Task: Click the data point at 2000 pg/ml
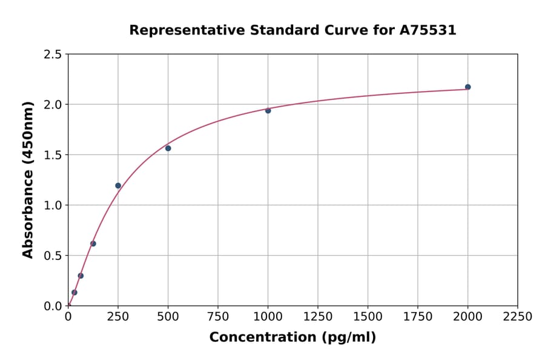click(467, 87)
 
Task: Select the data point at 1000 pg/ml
click(268, 110)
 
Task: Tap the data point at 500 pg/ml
click(168, 148)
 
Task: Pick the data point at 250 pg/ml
click(118, 185)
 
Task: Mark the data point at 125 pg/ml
click(93, 244)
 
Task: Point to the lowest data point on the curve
click(74, 292)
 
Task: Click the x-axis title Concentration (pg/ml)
click(292, 338)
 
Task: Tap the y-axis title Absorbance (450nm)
click(28, 179)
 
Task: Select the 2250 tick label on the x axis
click(518, 317)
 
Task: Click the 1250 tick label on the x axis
click(318, 317)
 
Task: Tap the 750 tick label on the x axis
click(218, 317)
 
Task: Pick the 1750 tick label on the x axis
click(418, 317)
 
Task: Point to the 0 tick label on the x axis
click(68, 317)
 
